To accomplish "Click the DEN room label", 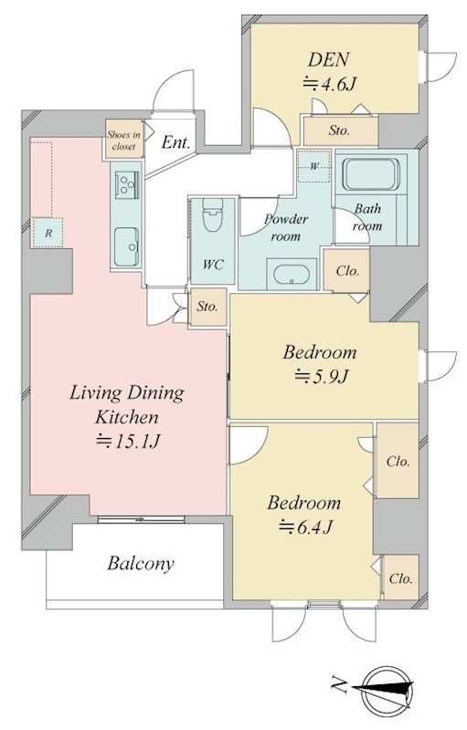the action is click(328, 60).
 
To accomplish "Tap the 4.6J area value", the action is click(330, 84).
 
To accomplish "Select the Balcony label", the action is click(141, 563).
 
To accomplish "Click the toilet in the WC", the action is click(213, 214).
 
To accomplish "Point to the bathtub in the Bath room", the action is click(371, 174).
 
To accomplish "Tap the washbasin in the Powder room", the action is click(292, 275).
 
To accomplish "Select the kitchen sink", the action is click(126, 246).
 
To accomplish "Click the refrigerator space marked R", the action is click(48, 233).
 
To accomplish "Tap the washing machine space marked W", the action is click(314, 166).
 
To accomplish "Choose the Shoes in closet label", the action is click(123, 141).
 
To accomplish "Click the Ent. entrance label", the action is click(176, 142).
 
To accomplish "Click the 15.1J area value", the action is click(128, 441).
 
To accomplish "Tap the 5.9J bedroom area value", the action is click(321, 376).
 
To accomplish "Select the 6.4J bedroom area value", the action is click(305, 527).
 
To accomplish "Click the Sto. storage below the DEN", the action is click(339, 130).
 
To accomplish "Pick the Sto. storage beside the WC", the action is click(207, 307).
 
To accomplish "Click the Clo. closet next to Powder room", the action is click(347, 270).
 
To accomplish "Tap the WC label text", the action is click(213, 265).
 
